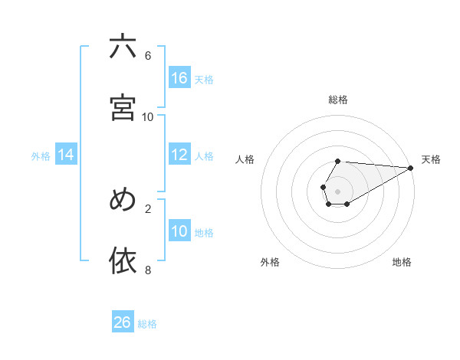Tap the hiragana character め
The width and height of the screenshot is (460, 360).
pyautogui.click(x=123, y=199)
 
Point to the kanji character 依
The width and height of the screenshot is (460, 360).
pyautogui.click(x=123, y=260)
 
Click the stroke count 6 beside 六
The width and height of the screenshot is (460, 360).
pyautogui.click(x=148, y=56)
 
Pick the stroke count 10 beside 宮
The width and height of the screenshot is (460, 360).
pyautogui.click(x=148, y=116)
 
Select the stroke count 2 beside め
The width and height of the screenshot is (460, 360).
pyautogui.click(x=148, y=208)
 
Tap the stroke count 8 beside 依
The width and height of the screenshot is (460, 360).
pyautogui.click(x=148, y=270)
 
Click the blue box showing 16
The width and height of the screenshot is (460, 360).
pyautogui.click(x=179, y=77)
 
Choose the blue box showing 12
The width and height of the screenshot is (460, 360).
pyautogui.click(x=179, y=155)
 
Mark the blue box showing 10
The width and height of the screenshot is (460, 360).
pyautogui.click(x=179, y=231)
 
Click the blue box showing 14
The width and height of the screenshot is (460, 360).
pyautogui.click(x=66, y=155)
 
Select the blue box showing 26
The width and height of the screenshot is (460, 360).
pyautogui.click(x=123, y=322)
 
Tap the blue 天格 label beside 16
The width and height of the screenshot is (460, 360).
pyautogui.click(x=204, y=79)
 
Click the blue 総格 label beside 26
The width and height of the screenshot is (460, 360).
pyautogui.click(x=147, y=324)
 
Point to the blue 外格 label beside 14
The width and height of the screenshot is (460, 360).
pyautogui.click(x=41, y=156)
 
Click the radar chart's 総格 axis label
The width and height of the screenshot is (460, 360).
pyautogui.click(x=338, y=100)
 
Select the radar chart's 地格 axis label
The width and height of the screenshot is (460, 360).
pyautogui.click(x=402, y=262)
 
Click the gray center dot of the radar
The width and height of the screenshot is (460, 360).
pyautogui.click(x=337, y=191)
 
